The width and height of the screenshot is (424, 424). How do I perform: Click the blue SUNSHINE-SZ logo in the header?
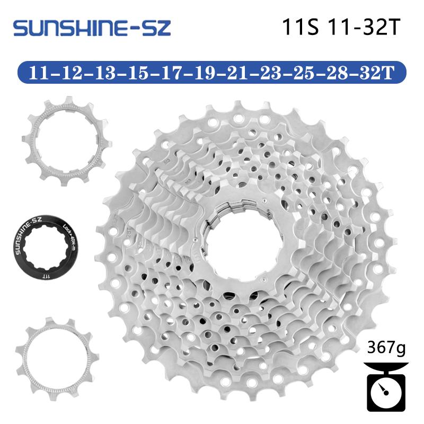[93, 28]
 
